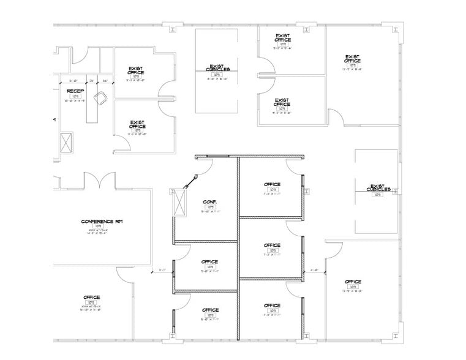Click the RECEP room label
(75, 91)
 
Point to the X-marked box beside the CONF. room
(179, 202)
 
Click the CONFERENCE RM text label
(102, 221)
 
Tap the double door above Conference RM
(99, 181)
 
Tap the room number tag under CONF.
(210, 208)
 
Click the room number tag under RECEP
(75, 96)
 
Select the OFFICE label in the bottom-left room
(92, 297)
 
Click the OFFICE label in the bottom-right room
(353, 282)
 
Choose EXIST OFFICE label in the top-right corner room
(352, 59)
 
